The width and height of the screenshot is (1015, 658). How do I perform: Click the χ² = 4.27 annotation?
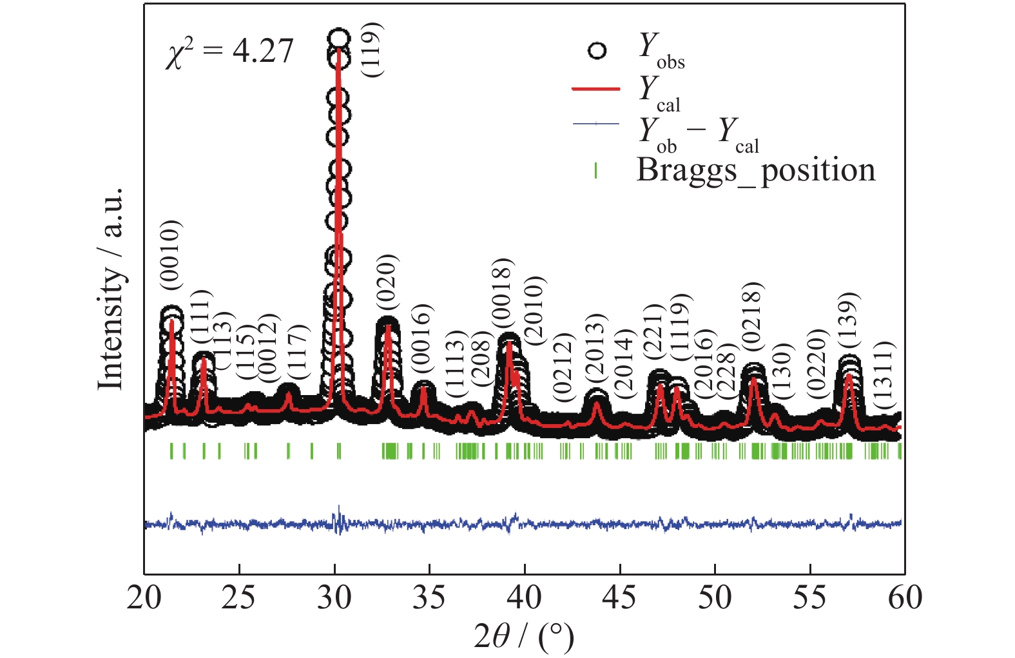click(x=229, y=52)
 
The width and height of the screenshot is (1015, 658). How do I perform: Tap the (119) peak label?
click(x=373, y=50)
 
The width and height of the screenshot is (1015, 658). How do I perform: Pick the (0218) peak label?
click(x=752, y=316)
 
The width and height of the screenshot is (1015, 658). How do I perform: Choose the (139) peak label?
click(x=848, y=321)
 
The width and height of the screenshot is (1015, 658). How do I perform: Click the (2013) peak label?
click(x=595, y=348)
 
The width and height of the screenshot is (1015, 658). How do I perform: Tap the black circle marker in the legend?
click(x=597, y=51)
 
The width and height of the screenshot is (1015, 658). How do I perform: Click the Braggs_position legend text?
click(x=756, y=170)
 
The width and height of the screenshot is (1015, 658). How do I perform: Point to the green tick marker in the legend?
click(x=595, y=170)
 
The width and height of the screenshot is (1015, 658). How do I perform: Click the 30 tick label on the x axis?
click(x=334, y=598)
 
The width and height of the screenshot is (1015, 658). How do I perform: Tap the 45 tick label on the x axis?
click(x=620, y=598)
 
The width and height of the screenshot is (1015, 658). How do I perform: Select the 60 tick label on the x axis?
click(x=904, y=598)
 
